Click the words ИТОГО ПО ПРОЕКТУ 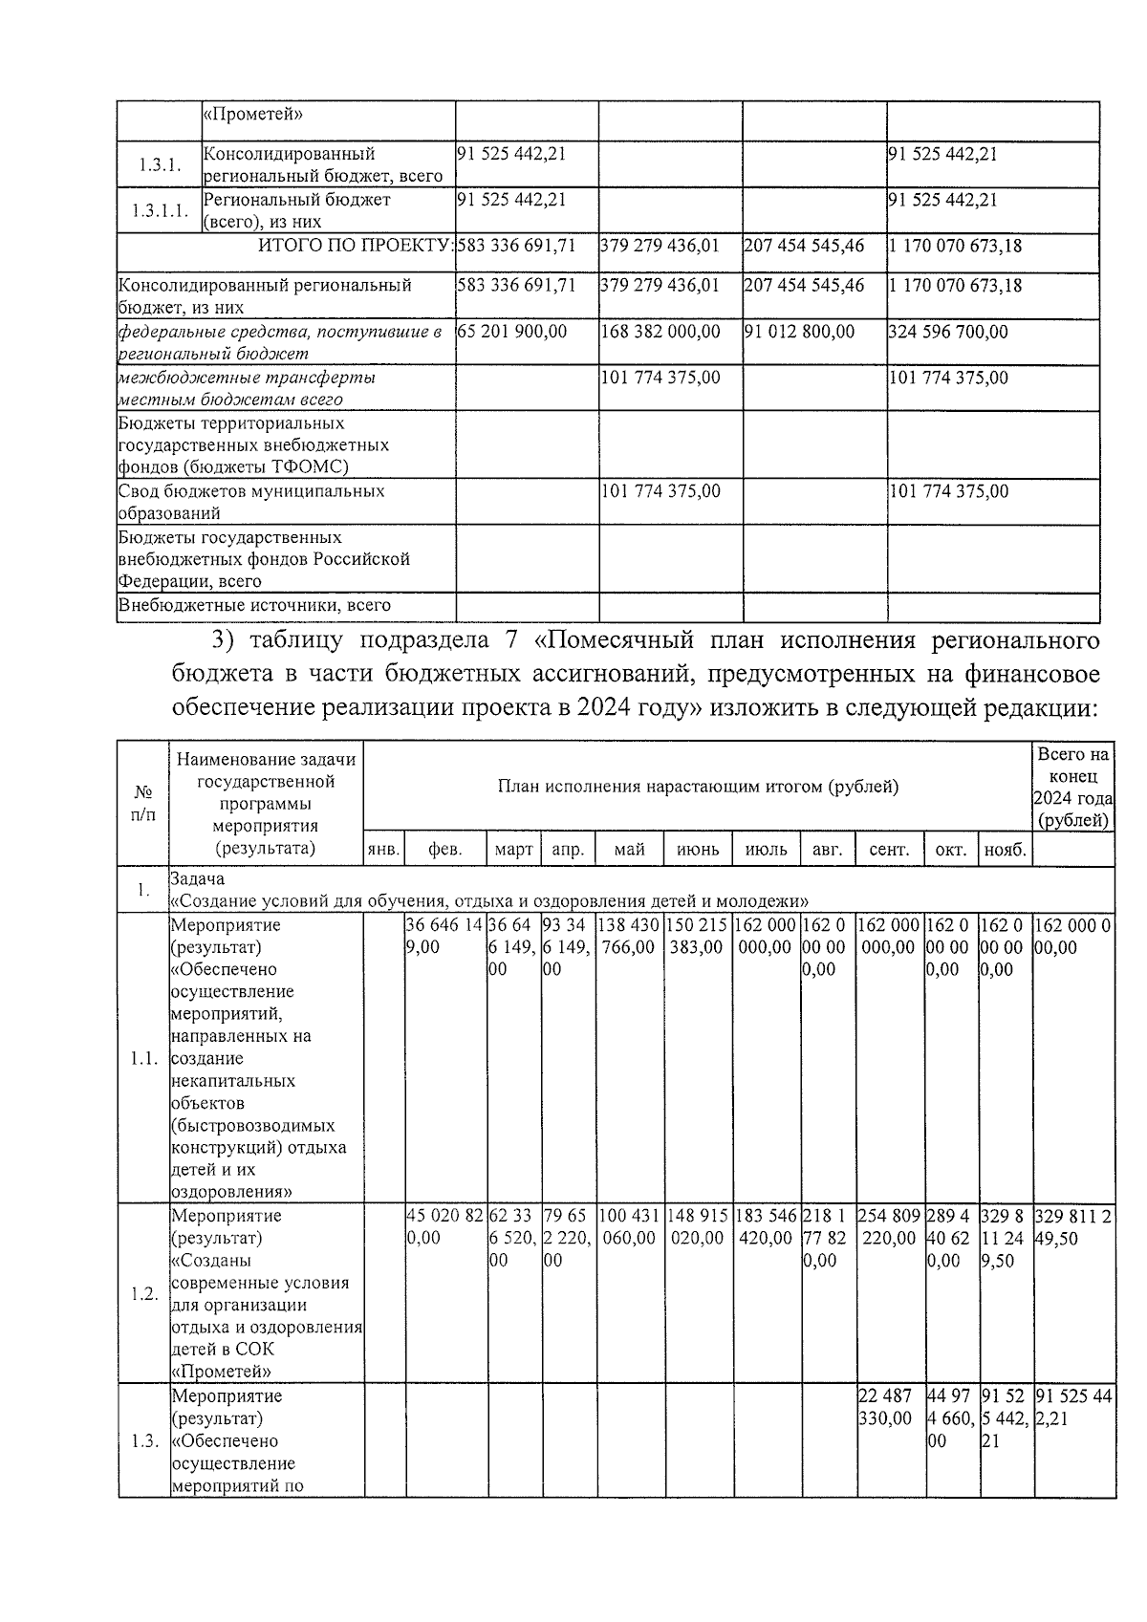(355, 246)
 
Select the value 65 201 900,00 (512, 332)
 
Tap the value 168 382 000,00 (660, 332)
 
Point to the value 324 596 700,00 (948, 332)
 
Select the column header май (629, 850)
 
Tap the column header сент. (889, 850)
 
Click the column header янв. (383, 850)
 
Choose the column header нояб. (1006, 850)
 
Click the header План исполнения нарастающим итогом (698, 787)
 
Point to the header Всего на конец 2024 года (1073, 787)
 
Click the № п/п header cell (143, 803)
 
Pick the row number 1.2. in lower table (143, 1293)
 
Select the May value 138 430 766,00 (629, 936)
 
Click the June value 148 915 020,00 (698, 1226)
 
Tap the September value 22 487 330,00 (889, 1406)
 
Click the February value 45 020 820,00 (444, 1226)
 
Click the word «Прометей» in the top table (254, 115)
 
